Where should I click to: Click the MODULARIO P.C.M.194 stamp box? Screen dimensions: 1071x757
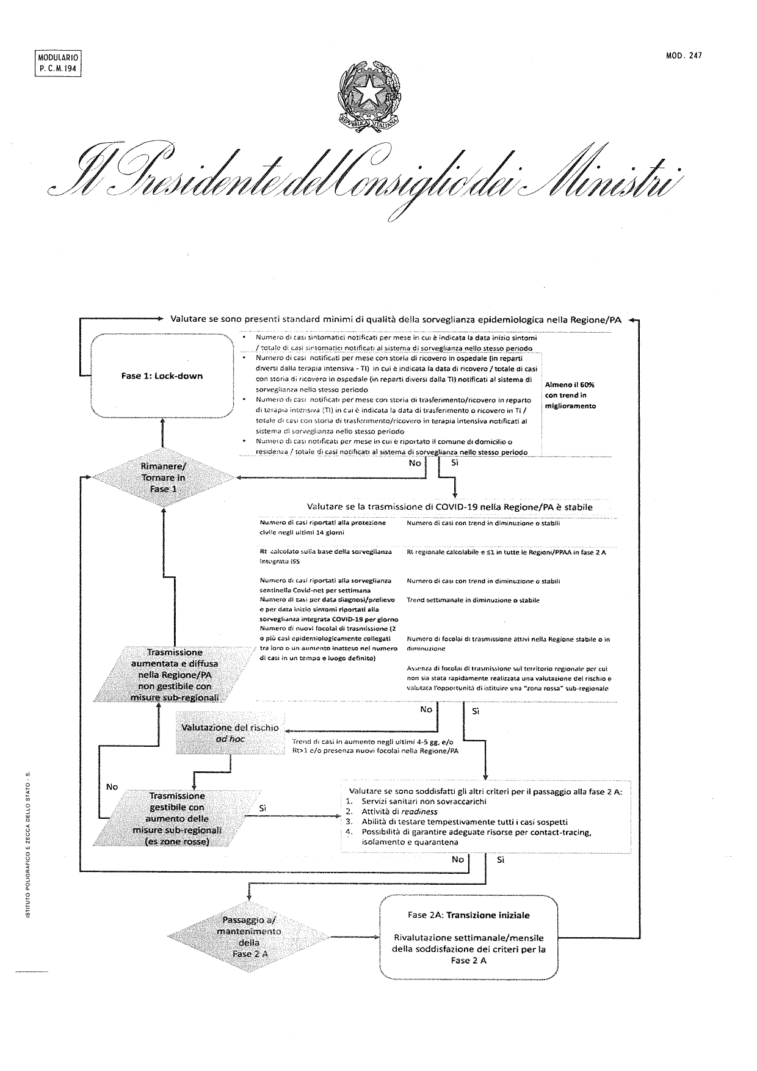click(56, 63)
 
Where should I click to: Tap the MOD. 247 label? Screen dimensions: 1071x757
click(684, 56)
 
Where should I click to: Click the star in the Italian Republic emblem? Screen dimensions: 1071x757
click(369, 93)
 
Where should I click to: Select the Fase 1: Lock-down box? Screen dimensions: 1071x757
click(162, 376)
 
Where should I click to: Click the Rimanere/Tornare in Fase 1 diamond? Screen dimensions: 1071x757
click(162, 477)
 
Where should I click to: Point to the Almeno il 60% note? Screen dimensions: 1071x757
click(570, 395)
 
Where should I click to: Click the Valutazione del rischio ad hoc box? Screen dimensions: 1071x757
click(230, 733)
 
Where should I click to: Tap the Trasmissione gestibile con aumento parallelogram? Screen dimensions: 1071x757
click(177, 819)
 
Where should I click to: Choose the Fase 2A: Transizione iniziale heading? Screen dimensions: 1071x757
click(469, 915)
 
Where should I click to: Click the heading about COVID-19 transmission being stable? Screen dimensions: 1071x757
click(449, 507)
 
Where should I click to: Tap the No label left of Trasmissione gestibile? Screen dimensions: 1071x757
click(112, 786)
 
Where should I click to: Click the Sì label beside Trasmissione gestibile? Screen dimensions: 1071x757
click(263, 808)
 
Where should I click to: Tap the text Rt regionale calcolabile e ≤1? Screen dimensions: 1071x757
click(464, 552)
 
